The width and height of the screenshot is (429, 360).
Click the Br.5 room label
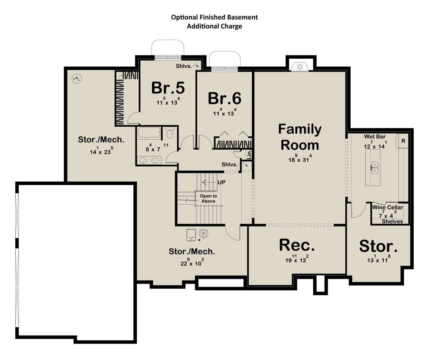168,88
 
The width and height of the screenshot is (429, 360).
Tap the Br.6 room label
225,98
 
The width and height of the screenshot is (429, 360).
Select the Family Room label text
300,137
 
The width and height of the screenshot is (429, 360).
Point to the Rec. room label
297,245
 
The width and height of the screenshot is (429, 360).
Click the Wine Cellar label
388,207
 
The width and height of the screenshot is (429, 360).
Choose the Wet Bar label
375,136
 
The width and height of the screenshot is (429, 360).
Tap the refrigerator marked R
403,141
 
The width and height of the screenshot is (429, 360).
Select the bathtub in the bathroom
149,133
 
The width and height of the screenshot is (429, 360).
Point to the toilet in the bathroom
170,132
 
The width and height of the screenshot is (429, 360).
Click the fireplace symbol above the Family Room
300,67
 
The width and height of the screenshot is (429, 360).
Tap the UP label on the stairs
221,182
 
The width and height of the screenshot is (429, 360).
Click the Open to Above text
208,199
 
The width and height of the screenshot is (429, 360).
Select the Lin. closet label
249,154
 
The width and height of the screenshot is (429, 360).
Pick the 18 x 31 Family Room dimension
300,159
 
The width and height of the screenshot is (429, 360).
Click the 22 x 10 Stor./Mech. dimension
192,262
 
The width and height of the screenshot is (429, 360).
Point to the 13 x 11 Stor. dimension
379,259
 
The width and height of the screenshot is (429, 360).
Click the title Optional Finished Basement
214,17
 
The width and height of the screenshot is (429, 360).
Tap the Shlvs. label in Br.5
184,66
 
